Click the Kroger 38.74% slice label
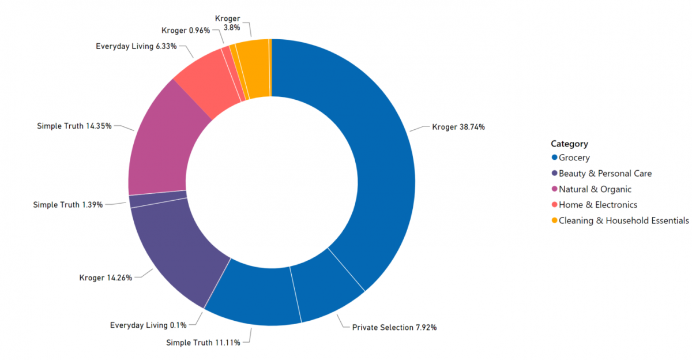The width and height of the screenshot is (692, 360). coord(458,127)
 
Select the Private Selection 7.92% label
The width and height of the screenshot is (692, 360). coord(394,328)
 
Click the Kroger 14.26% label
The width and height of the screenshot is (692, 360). coord(106,277)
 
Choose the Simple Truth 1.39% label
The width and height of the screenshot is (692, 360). coord(68,205)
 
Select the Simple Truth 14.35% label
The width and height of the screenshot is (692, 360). coord(74,126)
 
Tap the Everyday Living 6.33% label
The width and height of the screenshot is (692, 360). coord(136,46)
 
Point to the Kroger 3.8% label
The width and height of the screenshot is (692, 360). coord(227,23)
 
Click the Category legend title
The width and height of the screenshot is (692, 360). coord(569,144)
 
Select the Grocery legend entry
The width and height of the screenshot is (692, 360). coord(574,157)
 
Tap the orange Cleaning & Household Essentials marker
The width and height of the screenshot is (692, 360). coord(555,220)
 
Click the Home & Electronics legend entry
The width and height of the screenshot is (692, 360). coord(597,205)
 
